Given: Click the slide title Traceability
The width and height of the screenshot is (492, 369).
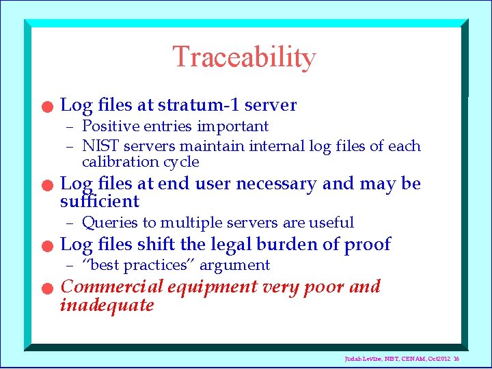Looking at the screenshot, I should coord(244,57).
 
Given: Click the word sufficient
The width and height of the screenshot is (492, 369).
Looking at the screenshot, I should coord(99,202).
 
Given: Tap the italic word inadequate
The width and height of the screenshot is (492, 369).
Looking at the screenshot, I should coord(107,305).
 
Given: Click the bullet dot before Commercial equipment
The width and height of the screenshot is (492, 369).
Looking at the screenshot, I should coord(45,289).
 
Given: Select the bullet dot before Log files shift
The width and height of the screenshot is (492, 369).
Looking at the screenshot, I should coord(45,247).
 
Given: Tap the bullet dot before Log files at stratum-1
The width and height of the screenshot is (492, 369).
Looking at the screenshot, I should coord(45,107).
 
